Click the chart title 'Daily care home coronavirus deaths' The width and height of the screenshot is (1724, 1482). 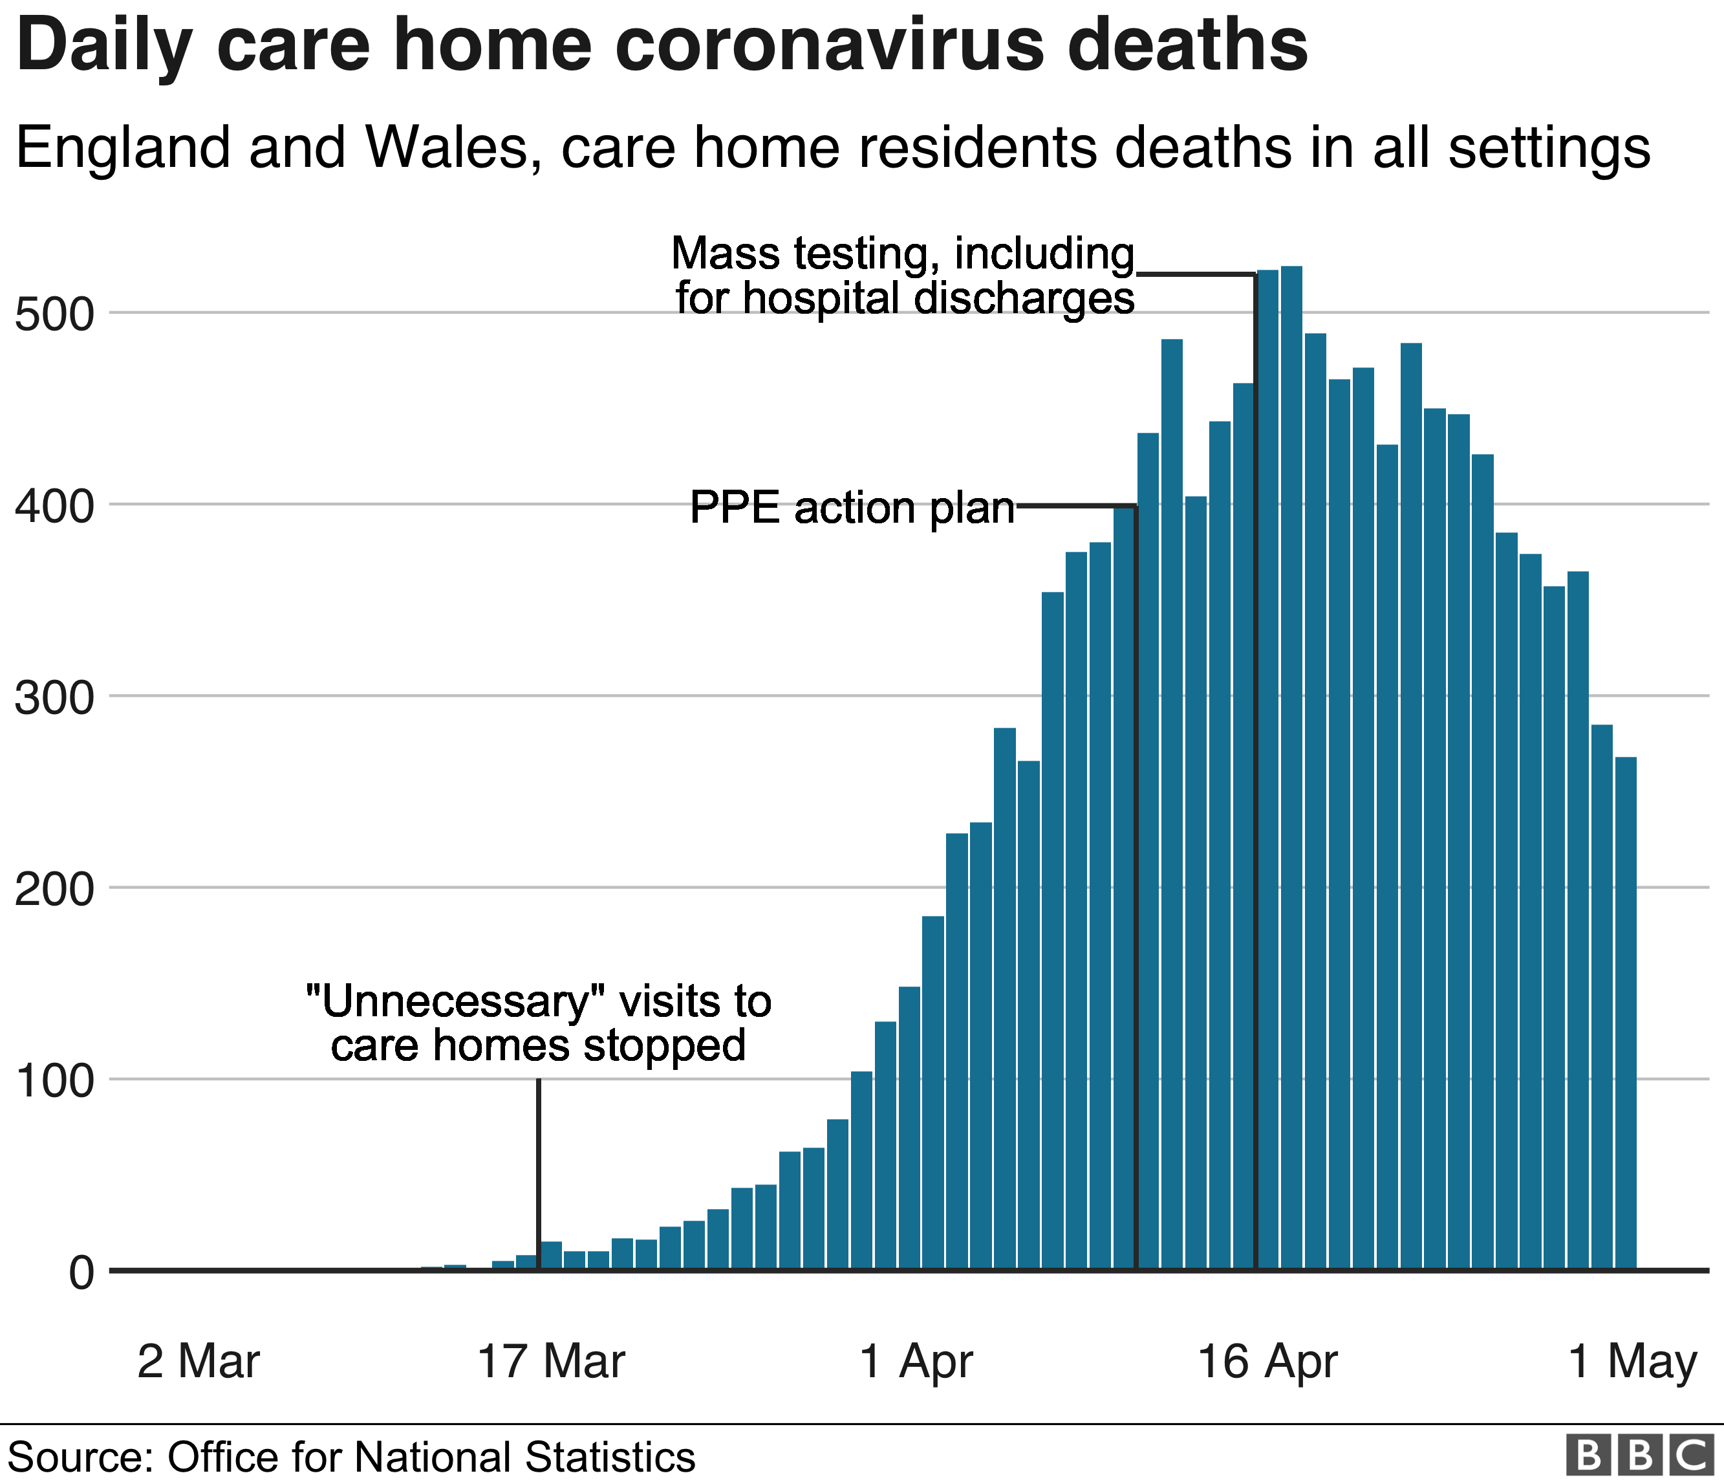[662, 46]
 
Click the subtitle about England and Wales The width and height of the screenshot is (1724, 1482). [832, 148]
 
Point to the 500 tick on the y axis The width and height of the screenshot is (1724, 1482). [55, 316]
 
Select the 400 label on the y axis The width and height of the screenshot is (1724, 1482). [55, 507]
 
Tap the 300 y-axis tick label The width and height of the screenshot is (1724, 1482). [55, 698]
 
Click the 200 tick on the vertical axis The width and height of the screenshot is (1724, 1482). [55, 889]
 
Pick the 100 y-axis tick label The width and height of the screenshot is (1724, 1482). [55, 1082]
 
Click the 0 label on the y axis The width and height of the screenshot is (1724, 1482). [81, 1273]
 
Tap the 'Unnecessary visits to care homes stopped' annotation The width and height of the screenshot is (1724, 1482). [538, 1023]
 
